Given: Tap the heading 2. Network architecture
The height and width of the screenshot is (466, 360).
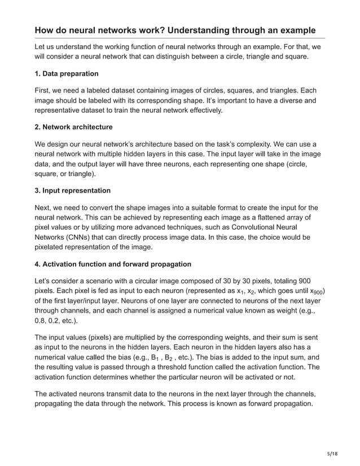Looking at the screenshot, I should click(x=74, y=127).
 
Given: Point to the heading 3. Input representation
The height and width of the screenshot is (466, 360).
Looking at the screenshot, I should click(x=73, y=191).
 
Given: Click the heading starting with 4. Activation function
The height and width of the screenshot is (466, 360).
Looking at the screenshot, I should click(x=113, y=264).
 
